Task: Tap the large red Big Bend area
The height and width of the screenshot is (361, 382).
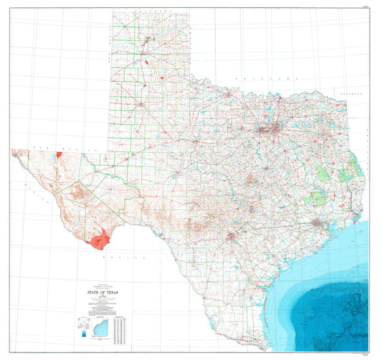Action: pos(97,239)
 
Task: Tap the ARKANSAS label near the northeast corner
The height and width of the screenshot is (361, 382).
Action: pos(352,93)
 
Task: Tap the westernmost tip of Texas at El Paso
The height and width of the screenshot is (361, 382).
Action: pos(12,151)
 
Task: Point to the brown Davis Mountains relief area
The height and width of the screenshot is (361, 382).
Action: pos(79,192)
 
